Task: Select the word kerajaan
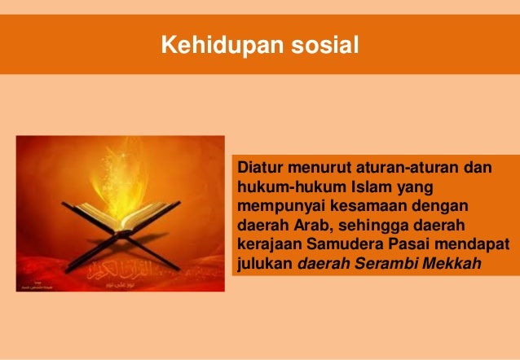pyautogui.click(x=268, y=244)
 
